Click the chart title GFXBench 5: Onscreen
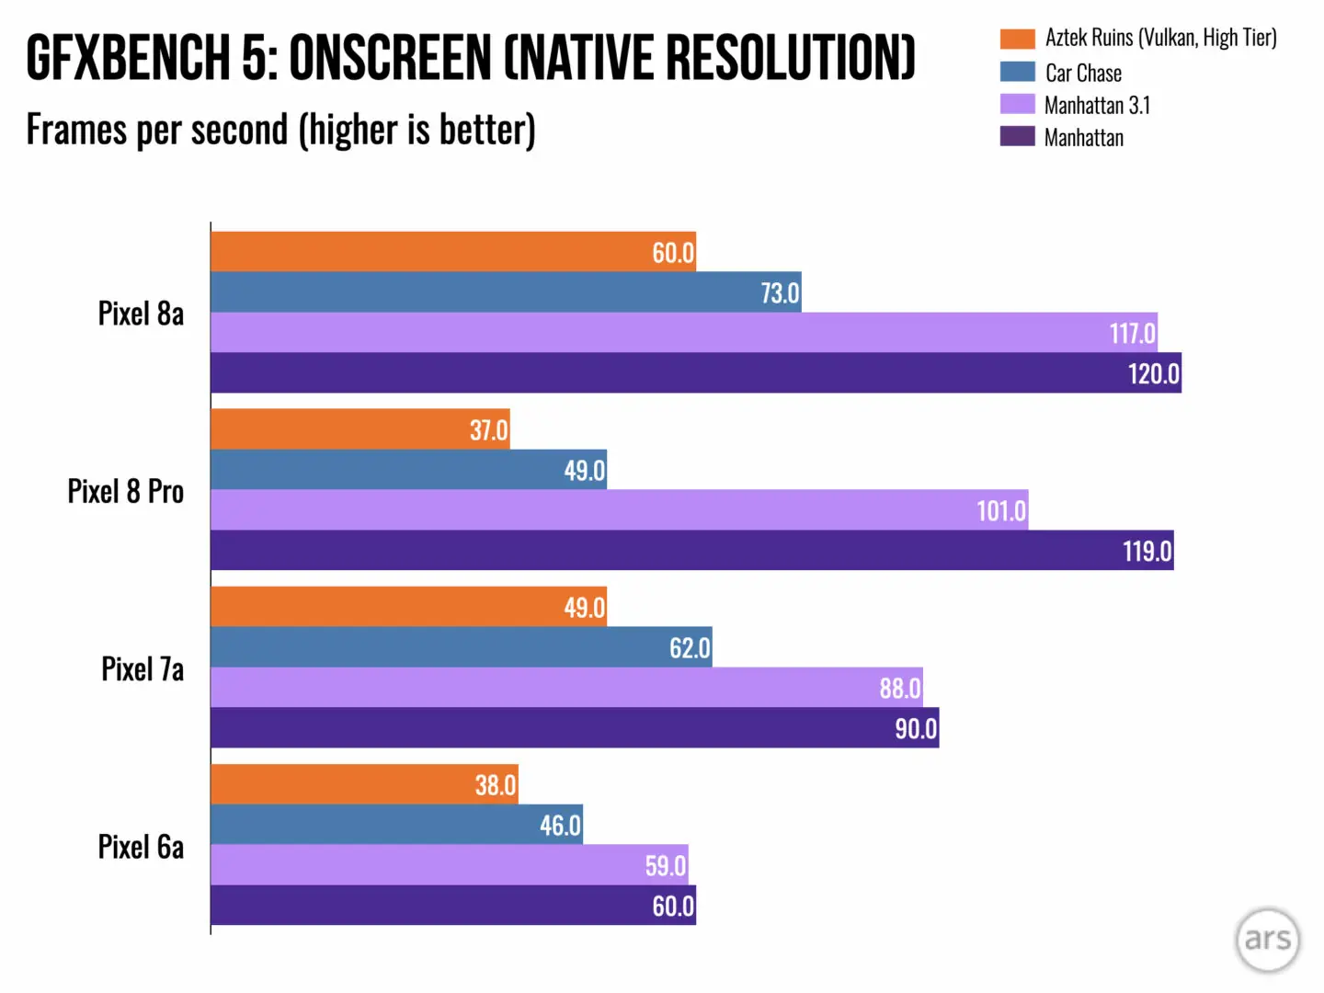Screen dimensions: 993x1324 pyautogui.click(x=470, y=58)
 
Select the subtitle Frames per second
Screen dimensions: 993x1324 pyautogui.click(x=280, y=130)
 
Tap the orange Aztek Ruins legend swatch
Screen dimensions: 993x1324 pyautogui.click(x=1017, y=39)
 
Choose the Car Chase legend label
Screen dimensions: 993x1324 pyautogui.click(x=1083, y=73)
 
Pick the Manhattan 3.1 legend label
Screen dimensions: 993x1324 pyautogui.click(x=1097, y=106)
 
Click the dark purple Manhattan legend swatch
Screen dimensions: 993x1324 pyautogui.click(x=1017, y=137)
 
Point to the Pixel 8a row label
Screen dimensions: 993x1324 pyautogui.click(x=141, y=314)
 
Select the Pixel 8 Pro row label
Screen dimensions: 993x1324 pyautogui.click(x=126, y=491)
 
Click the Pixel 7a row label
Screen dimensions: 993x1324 pyautogui.click(x=143, y=668)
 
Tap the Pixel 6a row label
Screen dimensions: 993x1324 pyautogui.click(x=141, y=846)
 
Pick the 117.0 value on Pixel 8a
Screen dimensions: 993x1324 pyautogui.click(x=1132, y=333)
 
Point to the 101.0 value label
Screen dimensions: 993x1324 pyautogui.click(x=1000, y=510)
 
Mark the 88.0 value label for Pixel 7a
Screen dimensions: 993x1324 pyautogui.click(x=899, y=688)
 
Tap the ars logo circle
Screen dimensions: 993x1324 pyautogui.click(x=1267, y=940)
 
